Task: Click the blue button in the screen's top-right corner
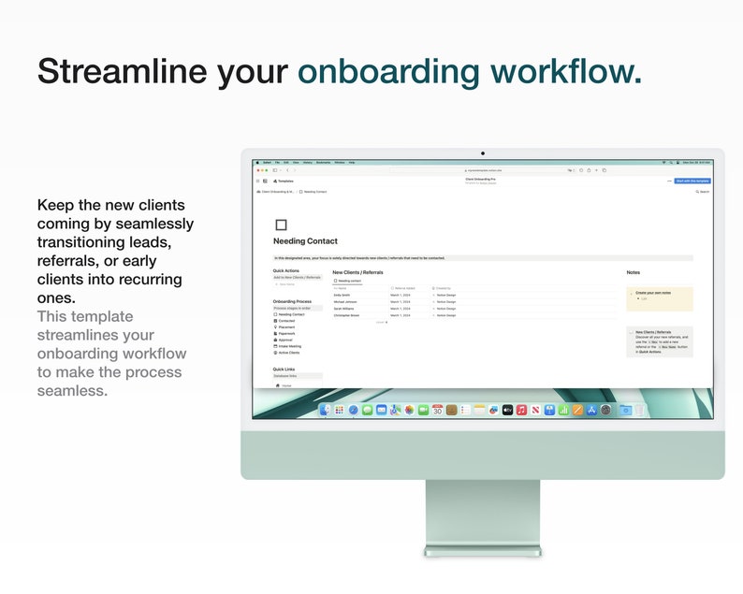[692, 181]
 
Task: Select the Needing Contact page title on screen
[305, 241]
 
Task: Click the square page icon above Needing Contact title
[281, 225]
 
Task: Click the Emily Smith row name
[342, 295]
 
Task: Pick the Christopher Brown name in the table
[346, 315]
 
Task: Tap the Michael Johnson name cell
[345, 302]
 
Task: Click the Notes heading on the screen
[634, 272]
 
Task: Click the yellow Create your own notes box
[660, 297]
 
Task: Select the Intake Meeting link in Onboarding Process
[289, 346]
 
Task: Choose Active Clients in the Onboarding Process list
[288, 353]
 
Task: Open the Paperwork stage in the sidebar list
[286, 333]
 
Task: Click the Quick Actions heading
[286, 270]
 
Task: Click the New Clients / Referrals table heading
[357, 272]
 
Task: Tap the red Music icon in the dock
[521, 410]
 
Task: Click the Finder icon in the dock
[325, 410]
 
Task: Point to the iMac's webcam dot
[483, 152]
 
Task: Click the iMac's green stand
[483, 514]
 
